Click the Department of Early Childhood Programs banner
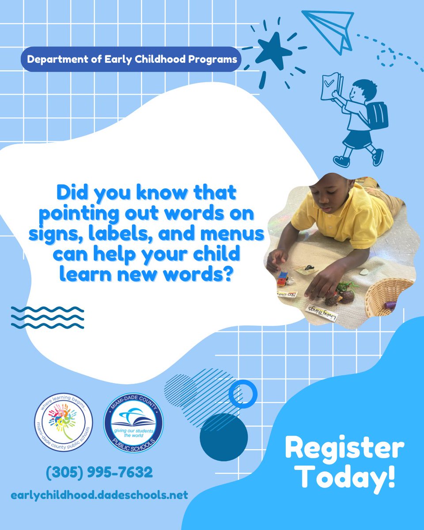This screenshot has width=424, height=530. (x=131, y=59)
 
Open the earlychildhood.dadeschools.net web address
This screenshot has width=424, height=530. (x=99, y=495)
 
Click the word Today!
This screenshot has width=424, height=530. (x=346, y=478)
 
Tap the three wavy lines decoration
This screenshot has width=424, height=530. (x=47, y=317)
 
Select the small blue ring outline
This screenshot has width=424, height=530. (x=242, y=393)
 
